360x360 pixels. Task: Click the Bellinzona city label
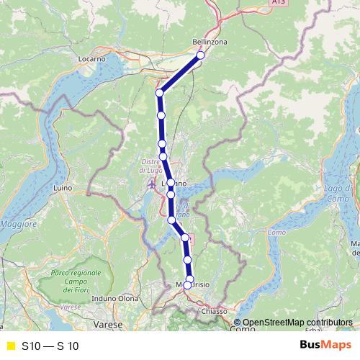[x=210, y=42]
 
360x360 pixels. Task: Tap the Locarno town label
[x=92, y=57]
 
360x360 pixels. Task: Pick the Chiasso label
[x=215, y=311]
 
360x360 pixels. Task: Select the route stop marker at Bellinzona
[x=200, y=55]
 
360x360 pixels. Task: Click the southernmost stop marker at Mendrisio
[x=187, y=285]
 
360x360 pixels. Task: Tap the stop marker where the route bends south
[x=160, y=93]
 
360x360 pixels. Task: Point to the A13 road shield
[x=278, y=3]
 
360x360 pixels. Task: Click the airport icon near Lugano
[x=152, y=185]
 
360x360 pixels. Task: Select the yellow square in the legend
[x=10, y=346]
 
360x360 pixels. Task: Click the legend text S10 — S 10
[x=50, y=346]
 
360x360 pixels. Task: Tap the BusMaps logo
[x=325, y=345]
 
